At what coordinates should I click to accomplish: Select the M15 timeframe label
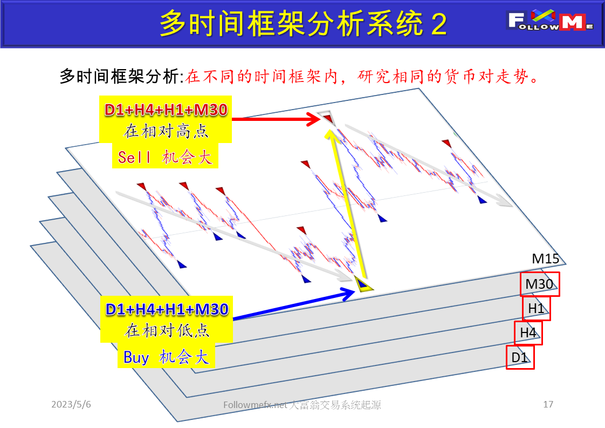[545, 259]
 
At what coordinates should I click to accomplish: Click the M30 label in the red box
[540, 284]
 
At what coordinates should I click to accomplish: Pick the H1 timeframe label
[536, 309]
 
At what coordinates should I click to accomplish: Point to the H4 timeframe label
[528, 333]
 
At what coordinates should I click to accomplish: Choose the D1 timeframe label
[519, 357]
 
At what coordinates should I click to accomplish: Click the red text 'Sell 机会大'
[165, 158]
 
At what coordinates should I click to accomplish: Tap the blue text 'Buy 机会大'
[166, 357]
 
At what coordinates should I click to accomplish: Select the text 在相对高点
[165, 131]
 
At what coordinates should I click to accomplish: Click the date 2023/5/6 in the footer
[72, 404]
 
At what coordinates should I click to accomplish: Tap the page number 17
[548, 404]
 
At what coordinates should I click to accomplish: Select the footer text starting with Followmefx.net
[302, 405]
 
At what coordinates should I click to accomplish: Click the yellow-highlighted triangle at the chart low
[362, 283]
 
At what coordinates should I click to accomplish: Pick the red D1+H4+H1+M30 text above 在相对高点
[166, 110]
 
